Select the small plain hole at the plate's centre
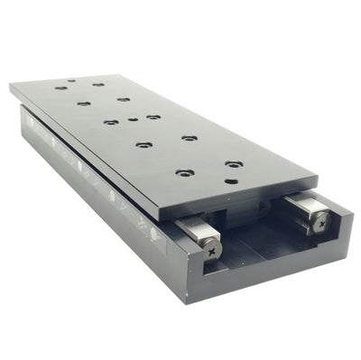pos(134,118)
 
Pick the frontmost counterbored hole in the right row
pos(234,164)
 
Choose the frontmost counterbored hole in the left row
pos(185,172)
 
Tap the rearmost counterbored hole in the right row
pos(97,84)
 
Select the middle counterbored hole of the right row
pos(153,116)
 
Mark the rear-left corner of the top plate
pos(11,86)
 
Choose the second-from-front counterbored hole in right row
pos(190,137)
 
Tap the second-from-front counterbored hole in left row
pos(143,143)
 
